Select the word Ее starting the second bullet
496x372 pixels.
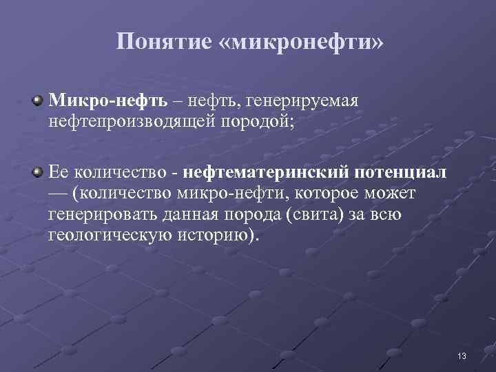click(59, 171)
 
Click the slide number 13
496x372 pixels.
click(462, 356)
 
